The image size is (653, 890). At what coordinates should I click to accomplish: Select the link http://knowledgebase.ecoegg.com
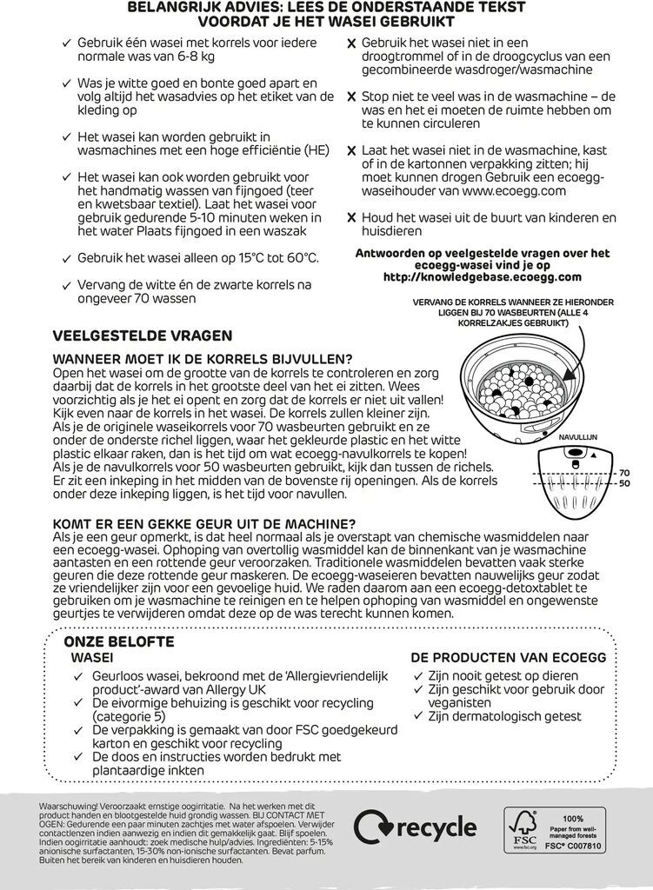point(482,277)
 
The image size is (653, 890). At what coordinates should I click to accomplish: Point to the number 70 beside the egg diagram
point(623,473)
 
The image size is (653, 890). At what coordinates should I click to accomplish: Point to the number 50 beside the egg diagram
point(623,483)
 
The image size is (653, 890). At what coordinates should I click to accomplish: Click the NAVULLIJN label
point(576,440)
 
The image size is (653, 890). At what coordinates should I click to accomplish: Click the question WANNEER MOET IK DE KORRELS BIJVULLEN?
point(203,360)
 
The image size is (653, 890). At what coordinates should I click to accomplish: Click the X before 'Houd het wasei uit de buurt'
point(350,218)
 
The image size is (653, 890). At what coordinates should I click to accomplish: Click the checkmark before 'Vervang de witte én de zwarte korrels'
point(66,284)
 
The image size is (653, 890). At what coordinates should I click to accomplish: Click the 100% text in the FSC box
point(573,819)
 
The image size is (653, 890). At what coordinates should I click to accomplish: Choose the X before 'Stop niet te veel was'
point(350,97)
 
